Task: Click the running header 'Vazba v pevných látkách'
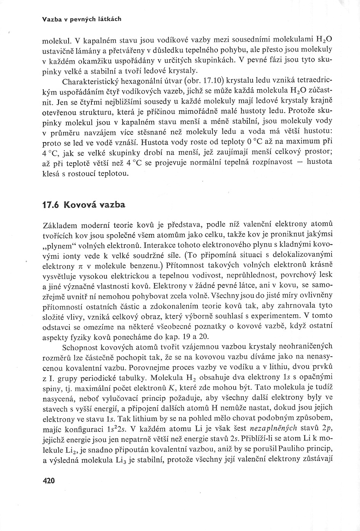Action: click(x=82, y=19)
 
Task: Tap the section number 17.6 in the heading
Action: click(x=52, y=205)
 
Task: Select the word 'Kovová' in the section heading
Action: click(x=82, y=205)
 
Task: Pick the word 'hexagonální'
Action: click(x=147, y=81)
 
